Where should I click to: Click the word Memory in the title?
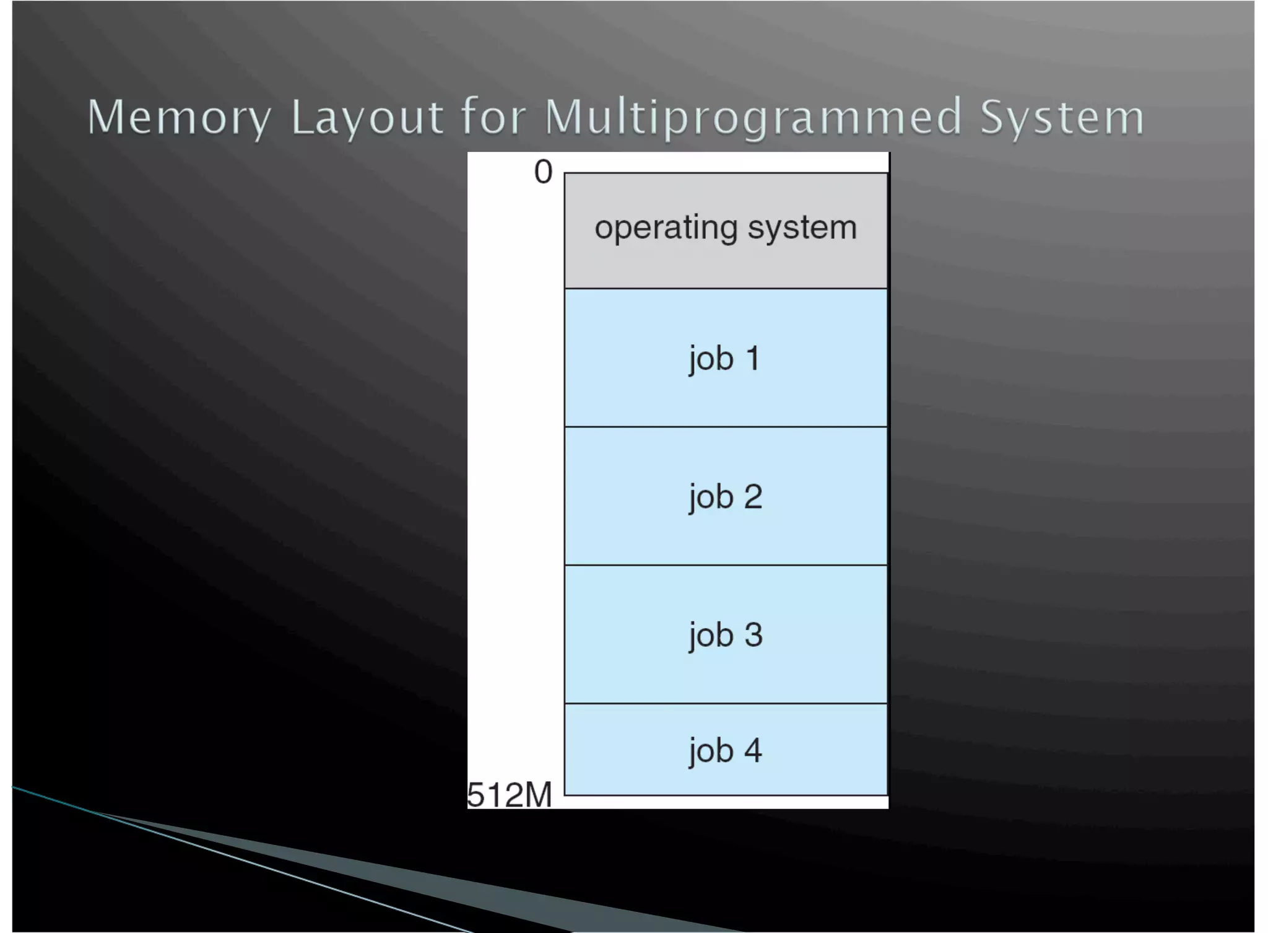(x=179, y=117)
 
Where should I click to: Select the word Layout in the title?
(x=367, y=117)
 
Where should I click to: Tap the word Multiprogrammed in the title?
(x=753, y=117)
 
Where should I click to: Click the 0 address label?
(x=543, y=172)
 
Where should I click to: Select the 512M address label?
(x=509, y=795)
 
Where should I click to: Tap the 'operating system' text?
(x=726, y=227)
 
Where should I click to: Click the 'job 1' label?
(x=724, y=359)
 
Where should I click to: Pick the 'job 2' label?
(x=725, y=497)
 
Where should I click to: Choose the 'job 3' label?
(x=725, y=635)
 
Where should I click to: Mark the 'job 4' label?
(x=725, y=751)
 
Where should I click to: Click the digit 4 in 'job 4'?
(x=753, y=750)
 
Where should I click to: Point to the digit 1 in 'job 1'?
(x=753, y=358)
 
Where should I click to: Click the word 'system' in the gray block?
(x=802, y=227)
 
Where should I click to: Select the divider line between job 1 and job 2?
(x=726, y=427)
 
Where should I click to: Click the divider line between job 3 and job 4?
(x=726, y=703)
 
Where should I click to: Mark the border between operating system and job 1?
(x=726, y=289)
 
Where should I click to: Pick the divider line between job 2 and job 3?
(x=726, y=565)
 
